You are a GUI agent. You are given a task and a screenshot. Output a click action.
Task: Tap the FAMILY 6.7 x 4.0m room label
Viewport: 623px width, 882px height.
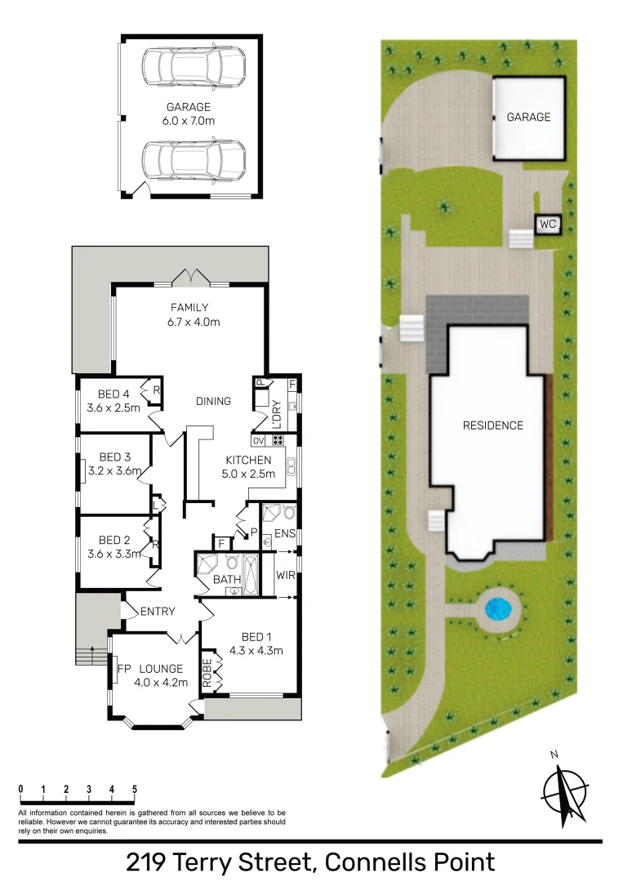pyautogui.click(x=189, y=315)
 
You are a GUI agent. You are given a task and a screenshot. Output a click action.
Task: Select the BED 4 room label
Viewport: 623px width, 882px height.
pyautogui.click(x=114, y=400)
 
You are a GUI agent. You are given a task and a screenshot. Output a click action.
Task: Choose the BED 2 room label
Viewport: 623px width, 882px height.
pyautogui.click(x=115, y=546)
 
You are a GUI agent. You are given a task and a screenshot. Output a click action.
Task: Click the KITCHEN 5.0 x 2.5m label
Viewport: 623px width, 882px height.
pyautogui.click(x=248, y=466)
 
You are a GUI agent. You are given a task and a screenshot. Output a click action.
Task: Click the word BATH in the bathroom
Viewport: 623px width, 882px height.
pyautogui.click(x=225, y=580)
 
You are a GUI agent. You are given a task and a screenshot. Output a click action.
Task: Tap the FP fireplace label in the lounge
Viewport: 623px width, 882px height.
pyautogui.click(x=124, y=669)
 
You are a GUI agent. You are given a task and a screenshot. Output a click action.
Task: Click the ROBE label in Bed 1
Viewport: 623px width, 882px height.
pyautogui.click(x=207, y=671)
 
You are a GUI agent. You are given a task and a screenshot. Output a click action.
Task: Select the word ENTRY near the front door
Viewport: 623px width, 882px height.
pyautogui.click(x=158, y=612)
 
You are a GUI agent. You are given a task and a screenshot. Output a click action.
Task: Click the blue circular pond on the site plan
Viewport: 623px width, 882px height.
pyautogui.click(x=496, y=608)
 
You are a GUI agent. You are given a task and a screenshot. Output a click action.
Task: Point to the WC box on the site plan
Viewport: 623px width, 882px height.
pyautogui.click(x=547, y=224)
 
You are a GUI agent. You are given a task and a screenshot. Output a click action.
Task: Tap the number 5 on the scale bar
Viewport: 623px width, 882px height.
pyautogui.click(x=134, y=789)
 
